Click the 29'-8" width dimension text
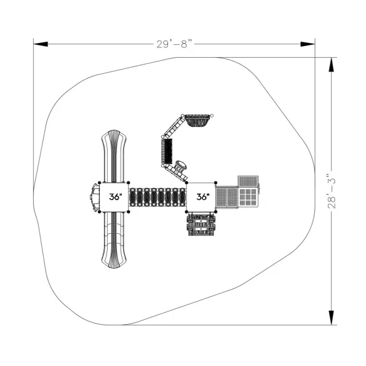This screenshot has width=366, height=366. tap(175, 44)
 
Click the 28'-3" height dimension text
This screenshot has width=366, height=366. tap(332, 191)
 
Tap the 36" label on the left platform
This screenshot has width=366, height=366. tap(116, 197)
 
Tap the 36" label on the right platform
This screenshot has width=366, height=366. tap(203, 197)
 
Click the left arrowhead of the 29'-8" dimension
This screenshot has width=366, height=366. tap(41, 44)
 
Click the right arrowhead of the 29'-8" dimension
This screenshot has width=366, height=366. tap(308, 44)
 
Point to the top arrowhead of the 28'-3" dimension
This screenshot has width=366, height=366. tap(332, 65)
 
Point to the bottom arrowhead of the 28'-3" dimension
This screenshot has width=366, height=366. tap(332, 317)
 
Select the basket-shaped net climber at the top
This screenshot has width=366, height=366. tap(197, 120)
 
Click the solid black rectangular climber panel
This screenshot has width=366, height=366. tap(167, 151)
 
